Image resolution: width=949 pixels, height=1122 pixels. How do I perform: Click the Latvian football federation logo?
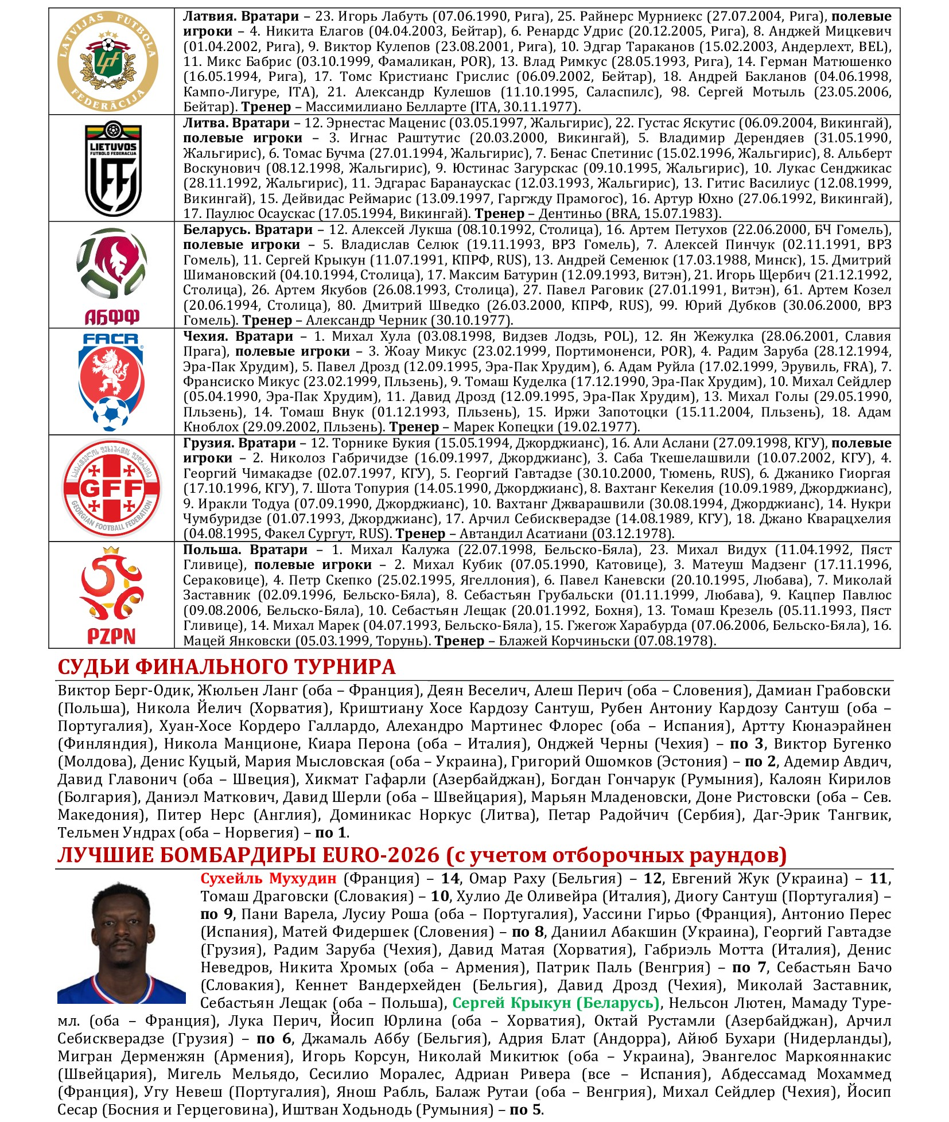pos(108,61)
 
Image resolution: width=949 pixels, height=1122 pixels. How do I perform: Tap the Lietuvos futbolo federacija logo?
pos(113,169)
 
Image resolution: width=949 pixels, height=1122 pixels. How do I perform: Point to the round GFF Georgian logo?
pos(111,489)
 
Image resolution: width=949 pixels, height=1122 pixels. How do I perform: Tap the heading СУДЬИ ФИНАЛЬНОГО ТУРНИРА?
pos(227,667)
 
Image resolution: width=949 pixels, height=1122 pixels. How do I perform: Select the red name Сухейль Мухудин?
pos(268,879)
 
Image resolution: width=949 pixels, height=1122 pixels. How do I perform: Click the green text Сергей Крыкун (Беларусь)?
pos(556,1003)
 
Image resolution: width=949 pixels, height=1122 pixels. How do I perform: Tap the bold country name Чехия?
pos(205,337)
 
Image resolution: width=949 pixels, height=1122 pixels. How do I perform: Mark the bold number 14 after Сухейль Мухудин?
pos(450,879)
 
